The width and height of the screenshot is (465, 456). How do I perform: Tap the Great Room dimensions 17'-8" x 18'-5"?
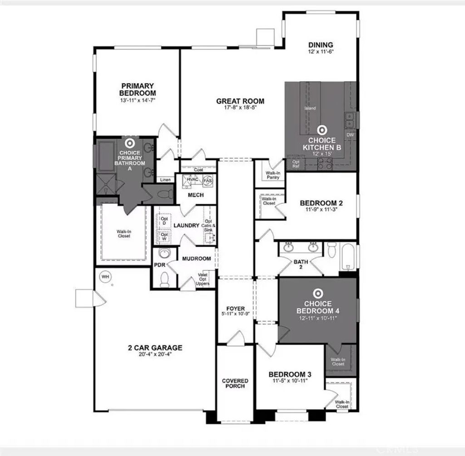click(240, 108)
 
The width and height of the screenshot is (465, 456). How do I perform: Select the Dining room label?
click(321, 45)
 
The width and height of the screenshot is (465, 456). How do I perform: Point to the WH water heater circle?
click(105, 276)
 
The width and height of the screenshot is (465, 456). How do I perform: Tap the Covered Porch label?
click(235, 383)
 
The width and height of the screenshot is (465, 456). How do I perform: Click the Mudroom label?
click(197, 259)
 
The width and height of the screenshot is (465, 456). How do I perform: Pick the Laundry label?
click(187, 225)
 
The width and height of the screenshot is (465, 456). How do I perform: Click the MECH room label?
click(196, 195)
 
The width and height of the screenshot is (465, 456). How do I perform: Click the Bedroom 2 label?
click(322, 203)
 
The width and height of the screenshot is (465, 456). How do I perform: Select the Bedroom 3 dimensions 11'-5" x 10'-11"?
click(290, 381)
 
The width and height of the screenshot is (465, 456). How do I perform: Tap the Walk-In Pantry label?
click(272, 175)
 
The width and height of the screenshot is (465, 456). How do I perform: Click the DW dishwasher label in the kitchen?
click(350, 135)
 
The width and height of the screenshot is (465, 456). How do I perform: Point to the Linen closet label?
click(165, 180)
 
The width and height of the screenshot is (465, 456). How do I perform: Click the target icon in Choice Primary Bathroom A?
click(129, 142)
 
